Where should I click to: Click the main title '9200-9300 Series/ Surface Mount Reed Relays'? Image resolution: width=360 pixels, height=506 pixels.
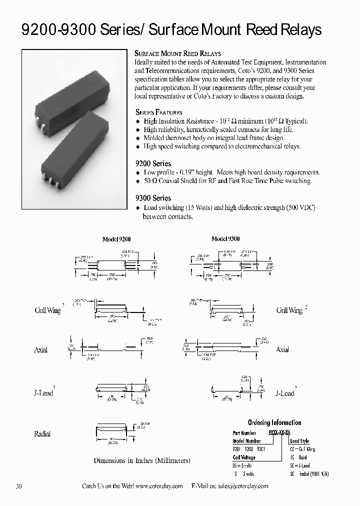coord(171,31)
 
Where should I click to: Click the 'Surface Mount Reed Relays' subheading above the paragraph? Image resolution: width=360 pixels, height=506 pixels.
coord(178,53)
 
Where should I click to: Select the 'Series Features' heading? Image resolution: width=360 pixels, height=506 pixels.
coord(159,112)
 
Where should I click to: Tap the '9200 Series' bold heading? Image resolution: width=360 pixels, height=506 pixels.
coord(153,163)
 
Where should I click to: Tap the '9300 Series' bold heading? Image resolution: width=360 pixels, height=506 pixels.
coord(153,198)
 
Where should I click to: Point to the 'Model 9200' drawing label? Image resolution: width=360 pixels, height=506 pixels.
coord(116,239)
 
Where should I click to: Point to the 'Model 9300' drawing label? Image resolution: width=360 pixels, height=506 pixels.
coord(225,239)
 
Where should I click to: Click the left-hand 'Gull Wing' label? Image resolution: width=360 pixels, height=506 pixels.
coord(47,310)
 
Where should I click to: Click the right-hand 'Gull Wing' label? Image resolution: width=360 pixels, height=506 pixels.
coord(289,310)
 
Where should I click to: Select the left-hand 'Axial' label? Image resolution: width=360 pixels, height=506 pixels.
coord(40,350)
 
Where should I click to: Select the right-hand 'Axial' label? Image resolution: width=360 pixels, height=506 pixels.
coord(282,349)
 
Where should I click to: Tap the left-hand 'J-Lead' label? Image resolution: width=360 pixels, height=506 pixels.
coord(42,393)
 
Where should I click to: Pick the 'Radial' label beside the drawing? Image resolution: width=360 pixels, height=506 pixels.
coord(42,433)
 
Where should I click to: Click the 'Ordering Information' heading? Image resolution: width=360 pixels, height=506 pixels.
coord(274,422)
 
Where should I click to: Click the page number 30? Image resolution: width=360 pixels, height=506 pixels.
coord(19,486)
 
